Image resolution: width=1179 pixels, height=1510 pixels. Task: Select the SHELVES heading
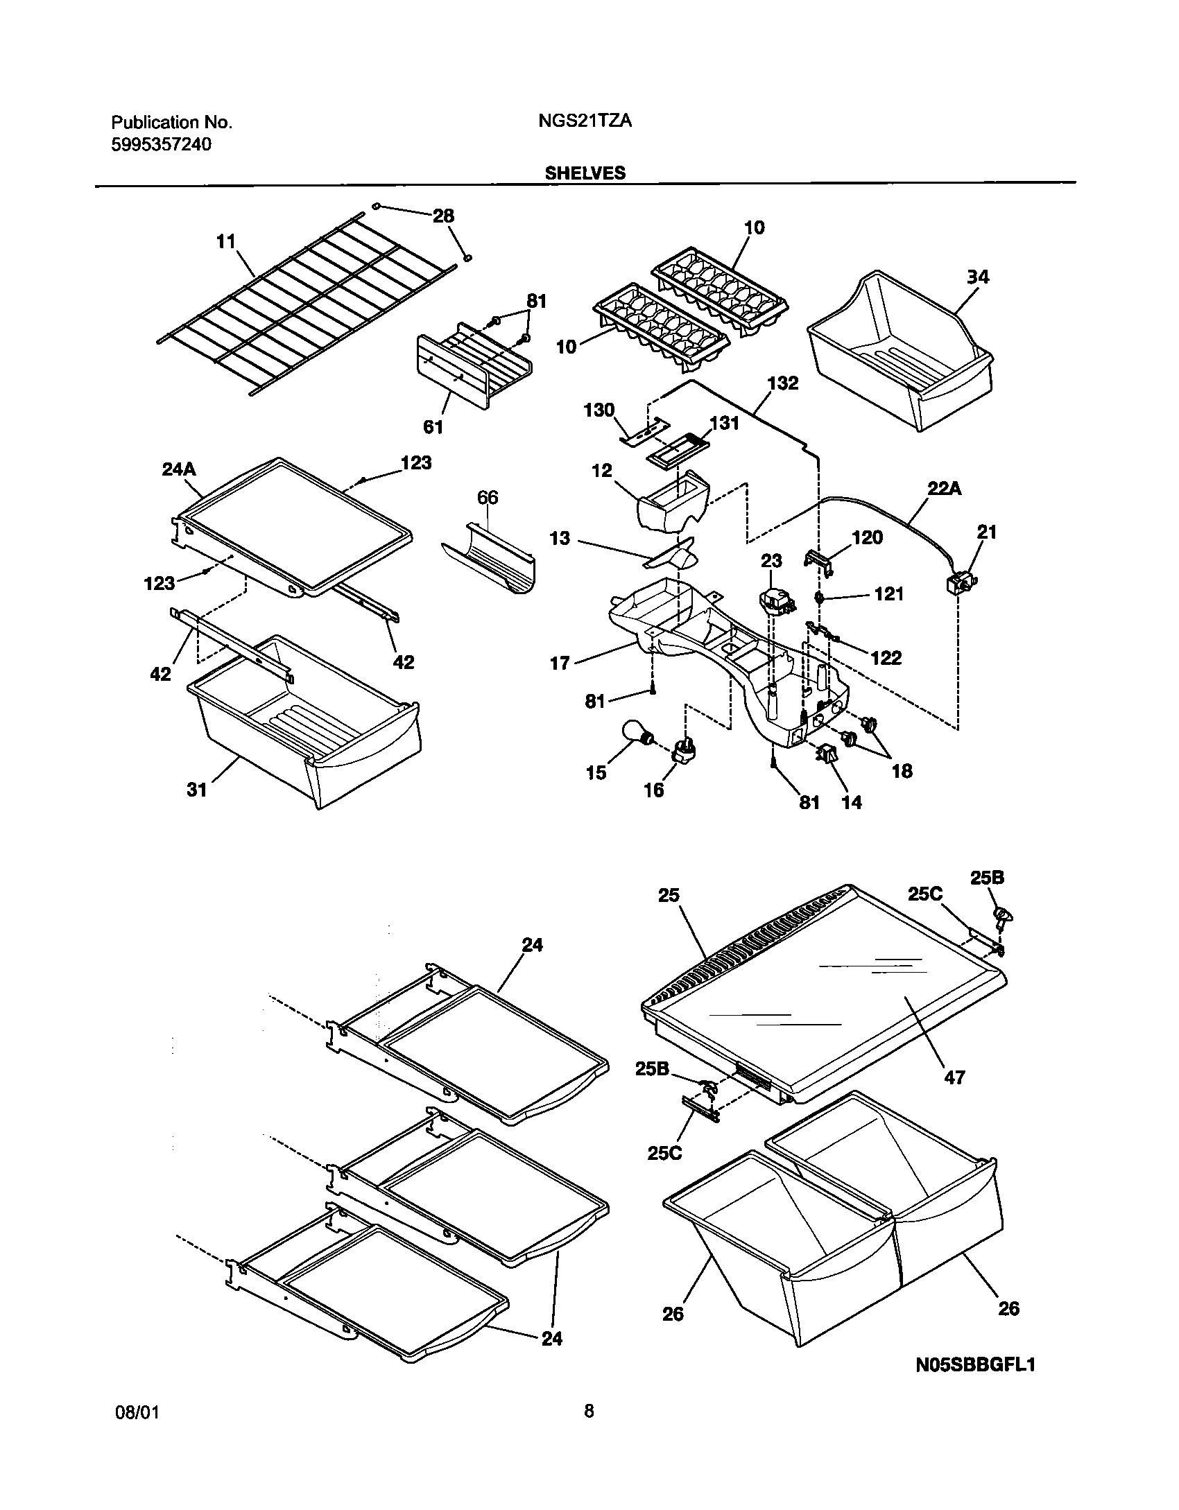pyautogui.click(x=585, y=173)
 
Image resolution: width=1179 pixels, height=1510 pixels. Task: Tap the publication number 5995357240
pyautogui.click(x=162, y=144)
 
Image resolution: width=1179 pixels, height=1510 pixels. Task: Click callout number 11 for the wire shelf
pyautogui.click(x=226, y=241)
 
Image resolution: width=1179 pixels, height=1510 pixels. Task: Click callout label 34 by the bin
pyautogui.click(x=978, y=277)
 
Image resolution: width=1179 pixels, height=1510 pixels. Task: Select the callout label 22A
pyautogui.click(x=945, y=489)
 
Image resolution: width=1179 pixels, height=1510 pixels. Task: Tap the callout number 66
pyautogui.click(x=488, y=498)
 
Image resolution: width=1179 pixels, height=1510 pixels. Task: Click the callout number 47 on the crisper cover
pyautogui.click(x=954, y=1077)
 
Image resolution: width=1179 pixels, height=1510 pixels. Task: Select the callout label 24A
pyautogui.click(x=179, y=469)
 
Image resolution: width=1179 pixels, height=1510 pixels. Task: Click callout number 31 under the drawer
pyautogui.click(x=197, y=790)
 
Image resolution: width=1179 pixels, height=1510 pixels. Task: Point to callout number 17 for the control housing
pyautogui.click(x=560, y=663)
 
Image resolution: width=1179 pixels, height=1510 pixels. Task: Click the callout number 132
pyautogui.click(x=783, y=383)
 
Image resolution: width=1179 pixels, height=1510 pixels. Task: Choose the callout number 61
pyautogui.click(x=433, y=427)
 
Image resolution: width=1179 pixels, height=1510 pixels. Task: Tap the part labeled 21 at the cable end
pyautogui.click(x=960, y=584)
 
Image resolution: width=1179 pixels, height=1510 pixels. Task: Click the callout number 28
pyautogui.click(x=443, y=216)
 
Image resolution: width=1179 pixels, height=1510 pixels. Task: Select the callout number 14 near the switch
pyautogui.click(x=852, y=802)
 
